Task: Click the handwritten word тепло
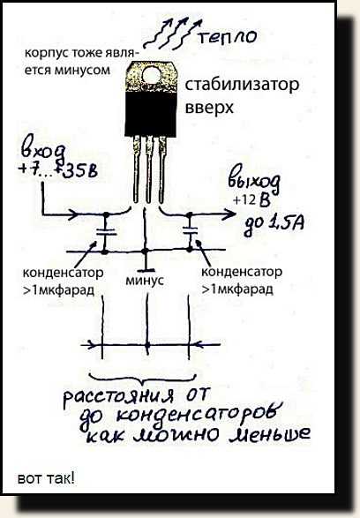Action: [x=228, y=36]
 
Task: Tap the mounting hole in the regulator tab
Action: [x=153, y=75]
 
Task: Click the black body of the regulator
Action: [x=151, y=114]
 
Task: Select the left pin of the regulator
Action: [x=137, y=169]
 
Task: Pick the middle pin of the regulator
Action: [x=149, y=169]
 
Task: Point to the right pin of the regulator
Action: [x=161, y=169]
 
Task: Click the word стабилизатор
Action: [x=242, y=85]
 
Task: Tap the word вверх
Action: [x=209, y=108]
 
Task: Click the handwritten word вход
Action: [x=43, y=153]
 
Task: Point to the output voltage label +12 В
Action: [x=252, y=200]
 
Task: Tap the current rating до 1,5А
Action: [x=274, y=225]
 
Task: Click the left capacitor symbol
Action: [x=106, y=232]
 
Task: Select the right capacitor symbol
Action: [x=190, y=230]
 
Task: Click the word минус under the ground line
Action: [x=145, y=280]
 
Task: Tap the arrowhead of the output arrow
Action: [x=229, y=214]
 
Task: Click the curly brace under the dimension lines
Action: [x=143, y=379]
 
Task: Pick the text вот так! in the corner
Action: [x=46, y=478]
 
